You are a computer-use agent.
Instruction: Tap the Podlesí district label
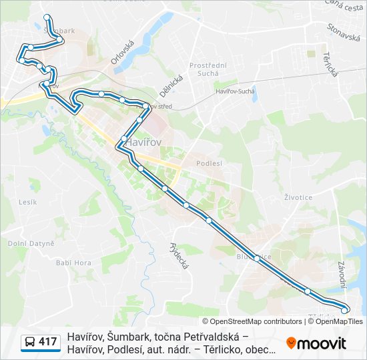210,163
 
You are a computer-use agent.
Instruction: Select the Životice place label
298,197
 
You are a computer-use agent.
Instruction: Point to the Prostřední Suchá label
208,69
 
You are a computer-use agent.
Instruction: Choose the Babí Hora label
73,263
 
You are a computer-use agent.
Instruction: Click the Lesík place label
27,201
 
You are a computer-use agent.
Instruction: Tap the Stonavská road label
344,33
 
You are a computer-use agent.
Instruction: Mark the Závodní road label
342,274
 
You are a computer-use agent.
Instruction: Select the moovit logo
316,343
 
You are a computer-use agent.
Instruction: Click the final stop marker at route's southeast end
344,310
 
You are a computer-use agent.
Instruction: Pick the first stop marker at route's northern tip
46,17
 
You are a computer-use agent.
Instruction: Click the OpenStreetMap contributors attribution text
252,321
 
